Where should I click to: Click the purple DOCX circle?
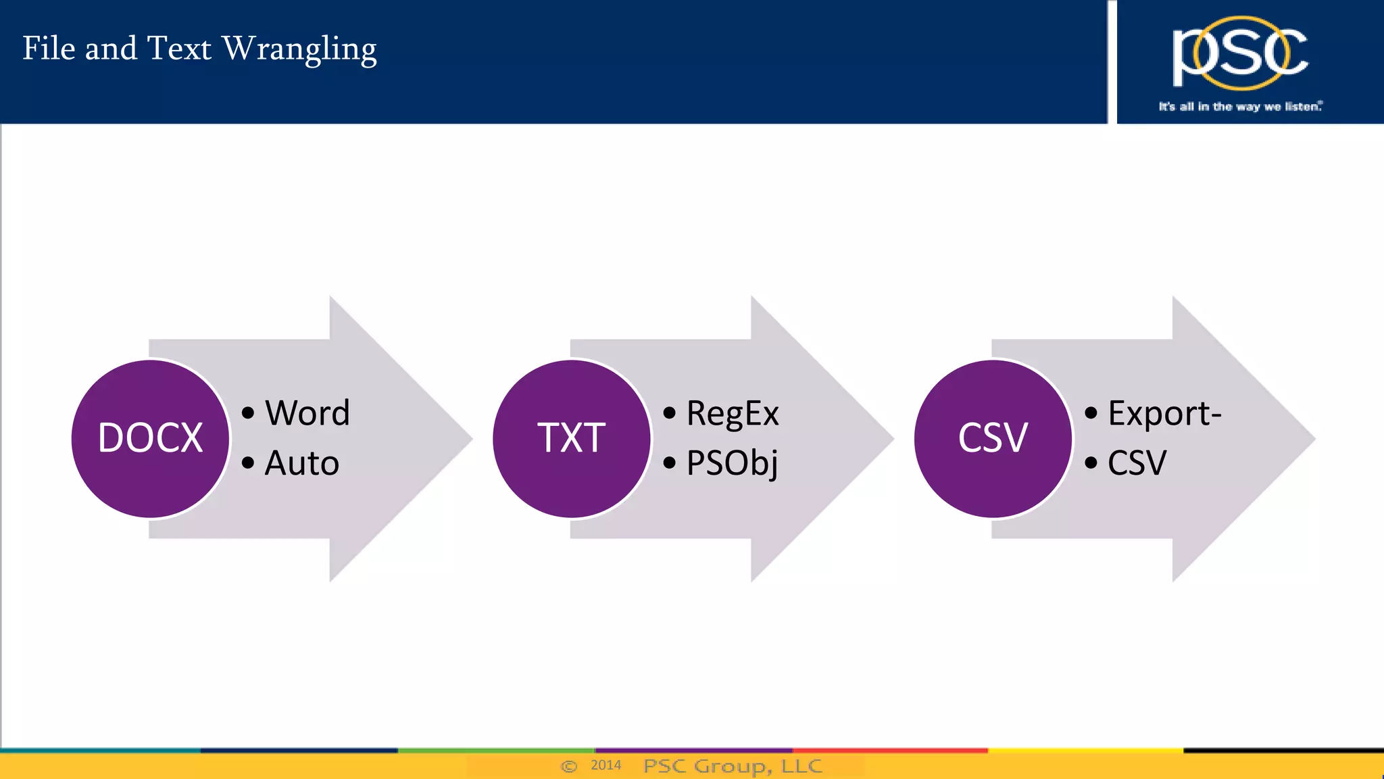[x=150, y=438]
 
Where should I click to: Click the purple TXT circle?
[x=572, y=438]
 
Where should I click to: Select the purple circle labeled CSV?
[x=993, y=438]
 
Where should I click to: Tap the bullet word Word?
[x=307, y=413]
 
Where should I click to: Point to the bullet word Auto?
[x=301, y=463]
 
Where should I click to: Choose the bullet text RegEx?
[x=733, y=413]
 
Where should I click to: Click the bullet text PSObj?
[x=732, y=463]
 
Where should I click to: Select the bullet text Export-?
[x=1164, y=413]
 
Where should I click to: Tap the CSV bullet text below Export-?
[x=1137, y=463]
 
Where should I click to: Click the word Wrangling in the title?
[x=299, y=49]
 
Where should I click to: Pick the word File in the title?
[x=49, y=49]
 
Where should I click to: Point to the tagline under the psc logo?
[x=1240, y=106]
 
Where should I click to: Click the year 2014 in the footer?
[x=605, y=765]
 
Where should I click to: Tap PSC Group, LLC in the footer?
[x=733, y=766]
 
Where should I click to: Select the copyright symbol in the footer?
[x=569, y=766]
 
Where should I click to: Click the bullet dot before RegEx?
[x=669, y=413]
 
